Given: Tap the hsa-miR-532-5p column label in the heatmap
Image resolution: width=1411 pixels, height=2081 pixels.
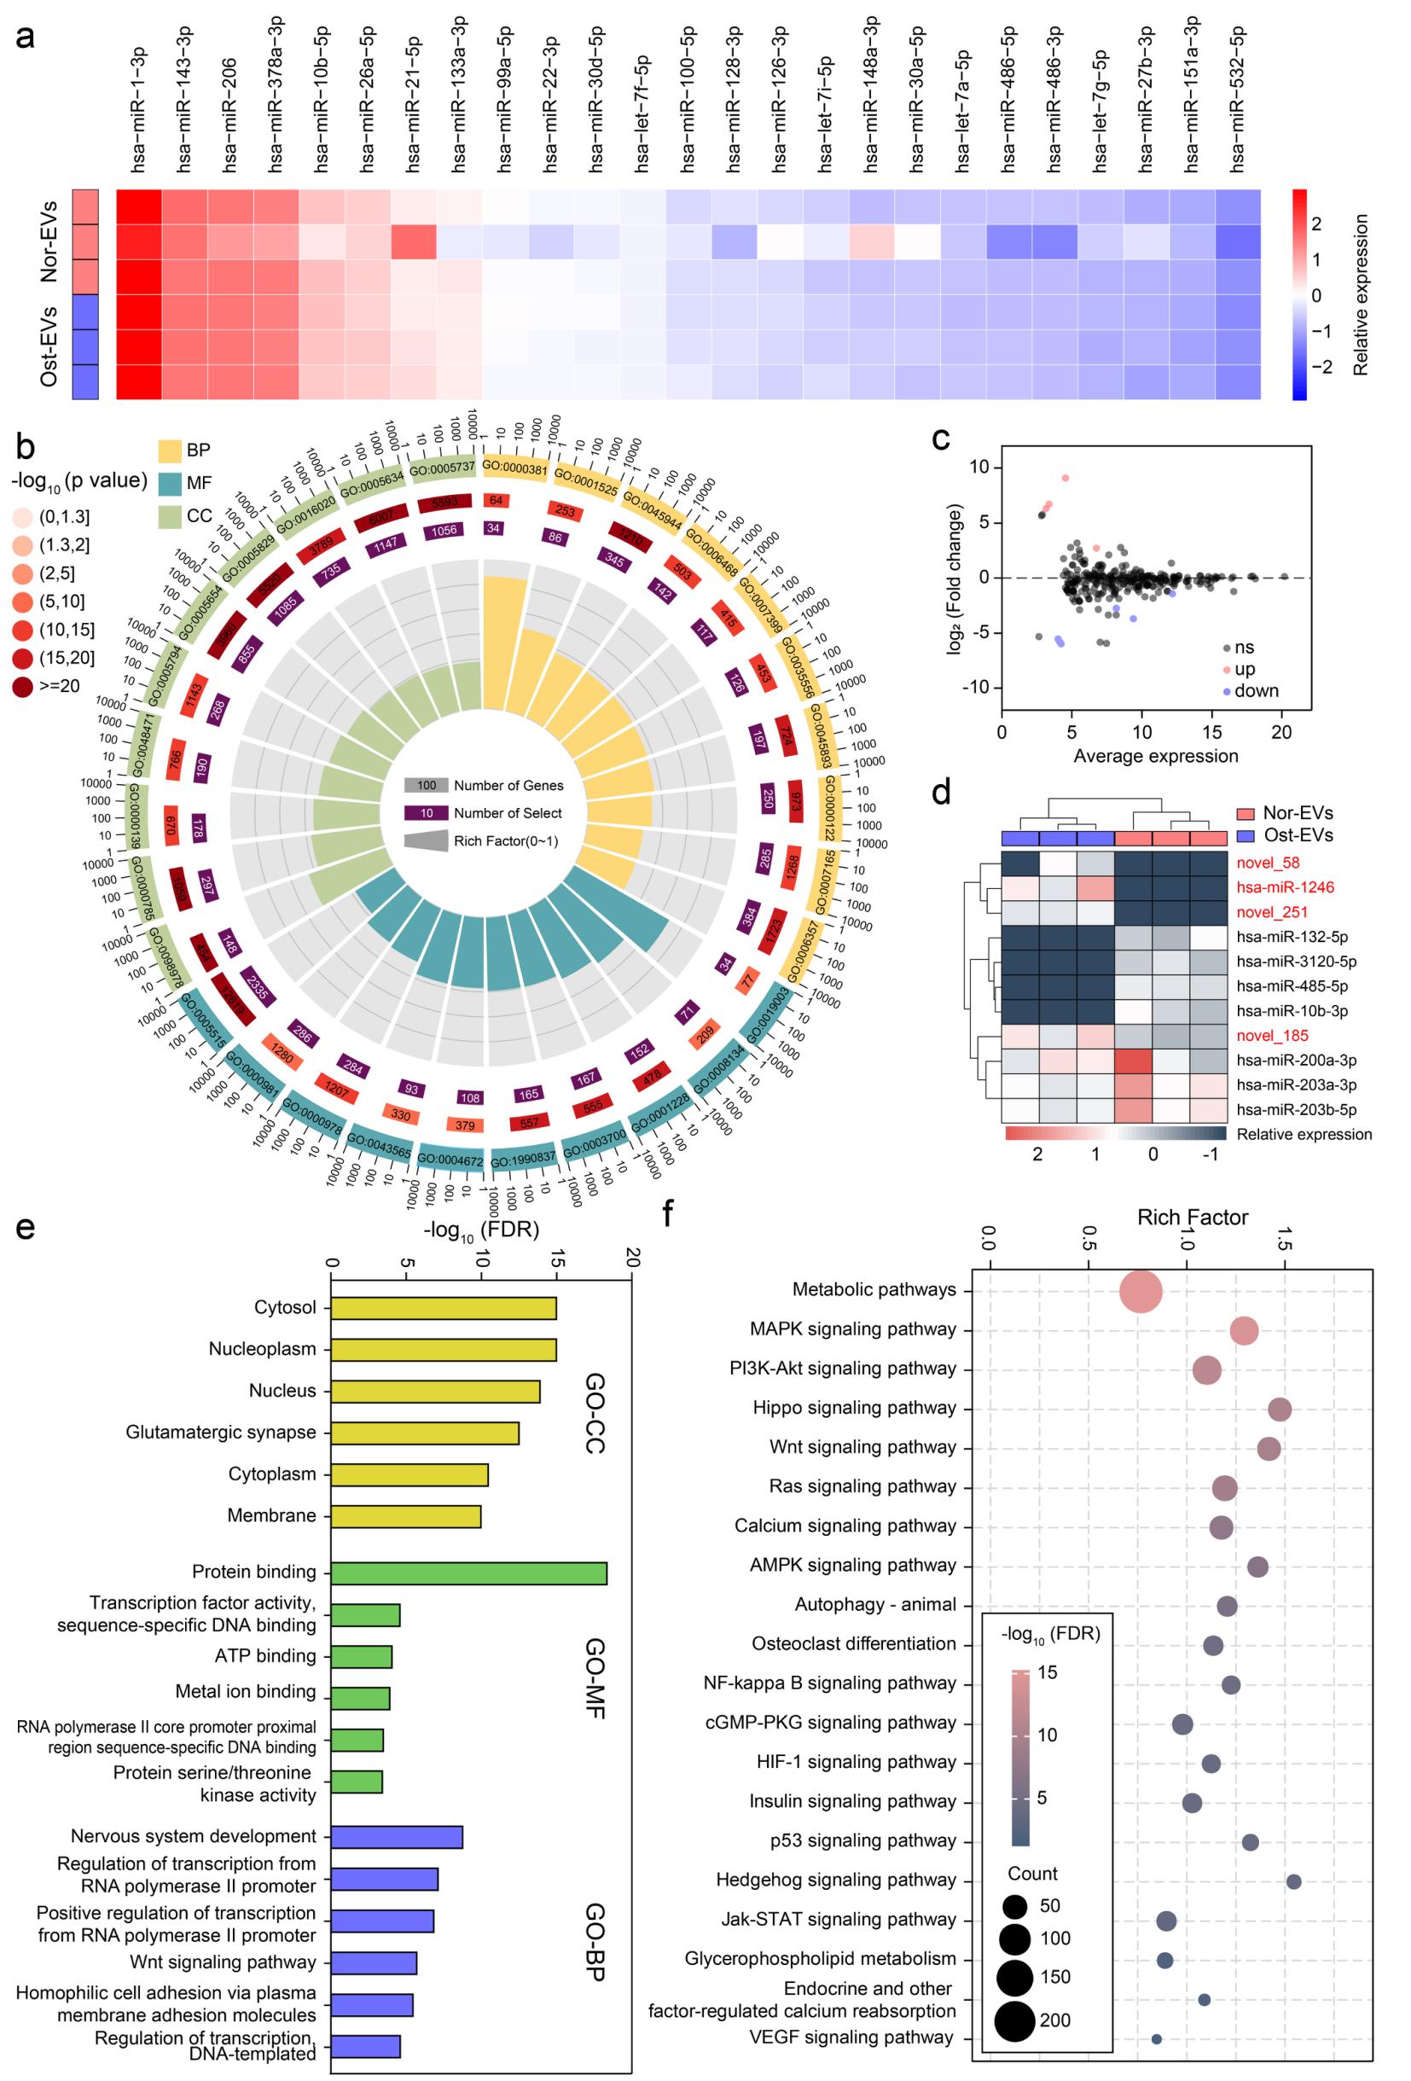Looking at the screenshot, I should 1238,98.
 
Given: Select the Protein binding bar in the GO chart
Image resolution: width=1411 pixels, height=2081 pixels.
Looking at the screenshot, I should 468,1572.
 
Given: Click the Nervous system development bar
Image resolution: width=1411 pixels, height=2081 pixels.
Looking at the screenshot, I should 397,1836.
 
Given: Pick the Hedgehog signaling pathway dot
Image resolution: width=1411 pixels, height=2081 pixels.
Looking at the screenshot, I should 1292,1881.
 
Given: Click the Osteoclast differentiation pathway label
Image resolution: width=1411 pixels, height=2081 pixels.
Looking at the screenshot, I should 853,1644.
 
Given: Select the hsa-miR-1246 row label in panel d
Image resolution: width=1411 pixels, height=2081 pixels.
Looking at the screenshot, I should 1285,887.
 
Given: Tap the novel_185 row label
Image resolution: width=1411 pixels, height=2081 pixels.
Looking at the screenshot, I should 1272,1035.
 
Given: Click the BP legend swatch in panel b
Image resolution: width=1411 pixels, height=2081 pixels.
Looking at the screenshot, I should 170,450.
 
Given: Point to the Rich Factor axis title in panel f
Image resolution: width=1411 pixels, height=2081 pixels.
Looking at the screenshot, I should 1192,1218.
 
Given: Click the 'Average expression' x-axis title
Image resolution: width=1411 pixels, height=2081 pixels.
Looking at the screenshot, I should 1155,756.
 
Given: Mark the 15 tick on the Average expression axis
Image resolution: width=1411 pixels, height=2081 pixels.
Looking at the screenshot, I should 1211,731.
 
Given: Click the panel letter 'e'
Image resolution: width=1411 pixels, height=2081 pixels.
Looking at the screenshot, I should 25,1227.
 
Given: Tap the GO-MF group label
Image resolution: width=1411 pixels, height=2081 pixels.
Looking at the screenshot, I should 595,1679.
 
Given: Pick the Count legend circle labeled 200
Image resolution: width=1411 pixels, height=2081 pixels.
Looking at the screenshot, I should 1014,2020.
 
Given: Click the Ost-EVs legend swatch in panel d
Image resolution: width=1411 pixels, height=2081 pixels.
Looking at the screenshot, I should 1246,835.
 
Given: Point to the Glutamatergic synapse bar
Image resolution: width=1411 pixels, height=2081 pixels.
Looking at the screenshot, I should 424,1433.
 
